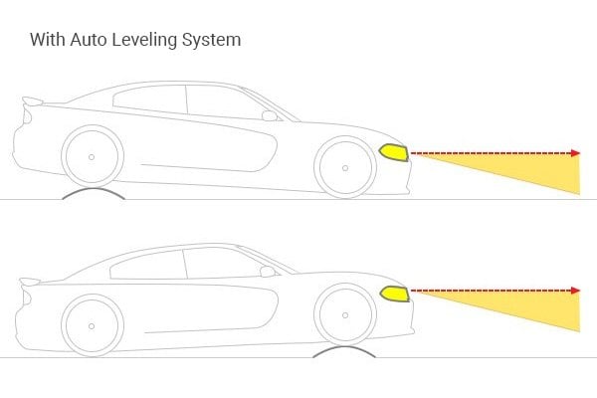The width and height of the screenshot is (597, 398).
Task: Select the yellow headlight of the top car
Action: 393,153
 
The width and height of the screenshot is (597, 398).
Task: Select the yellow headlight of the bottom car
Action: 393,295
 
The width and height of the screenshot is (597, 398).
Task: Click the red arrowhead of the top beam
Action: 575,153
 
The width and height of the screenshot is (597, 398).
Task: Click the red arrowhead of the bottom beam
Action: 575,291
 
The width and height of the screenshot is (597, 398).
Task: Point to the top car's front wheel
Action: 343,164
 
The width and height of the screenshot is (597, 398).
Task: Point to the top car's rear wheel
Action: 92,157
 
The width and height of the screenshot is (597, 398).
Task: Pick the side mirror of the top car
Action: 269,115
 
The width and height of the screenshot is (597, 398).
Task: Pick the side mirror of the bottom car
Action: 267,271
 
